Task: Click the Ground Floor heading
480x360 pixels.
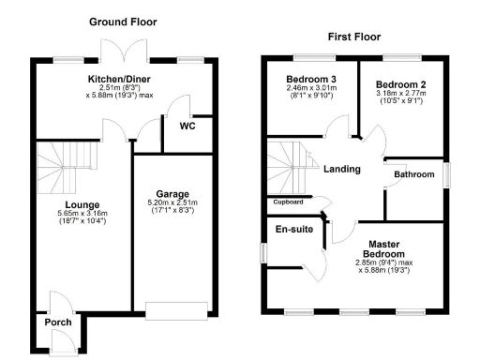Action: [x=123, y=22]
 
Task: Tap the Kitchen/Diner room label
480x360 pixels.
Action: [x=119, y=79]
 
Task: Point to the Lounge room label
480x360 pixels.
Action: [x=82, y=203]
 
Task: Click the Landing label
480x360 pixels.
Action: [x=342, y=169]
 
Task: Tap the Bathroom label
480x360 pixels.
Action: [x=413, y=174]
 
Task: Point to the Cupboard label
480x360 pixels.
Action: [x=288, y=202]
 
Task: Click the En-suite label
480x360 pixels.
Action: [x=292, y=228]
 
